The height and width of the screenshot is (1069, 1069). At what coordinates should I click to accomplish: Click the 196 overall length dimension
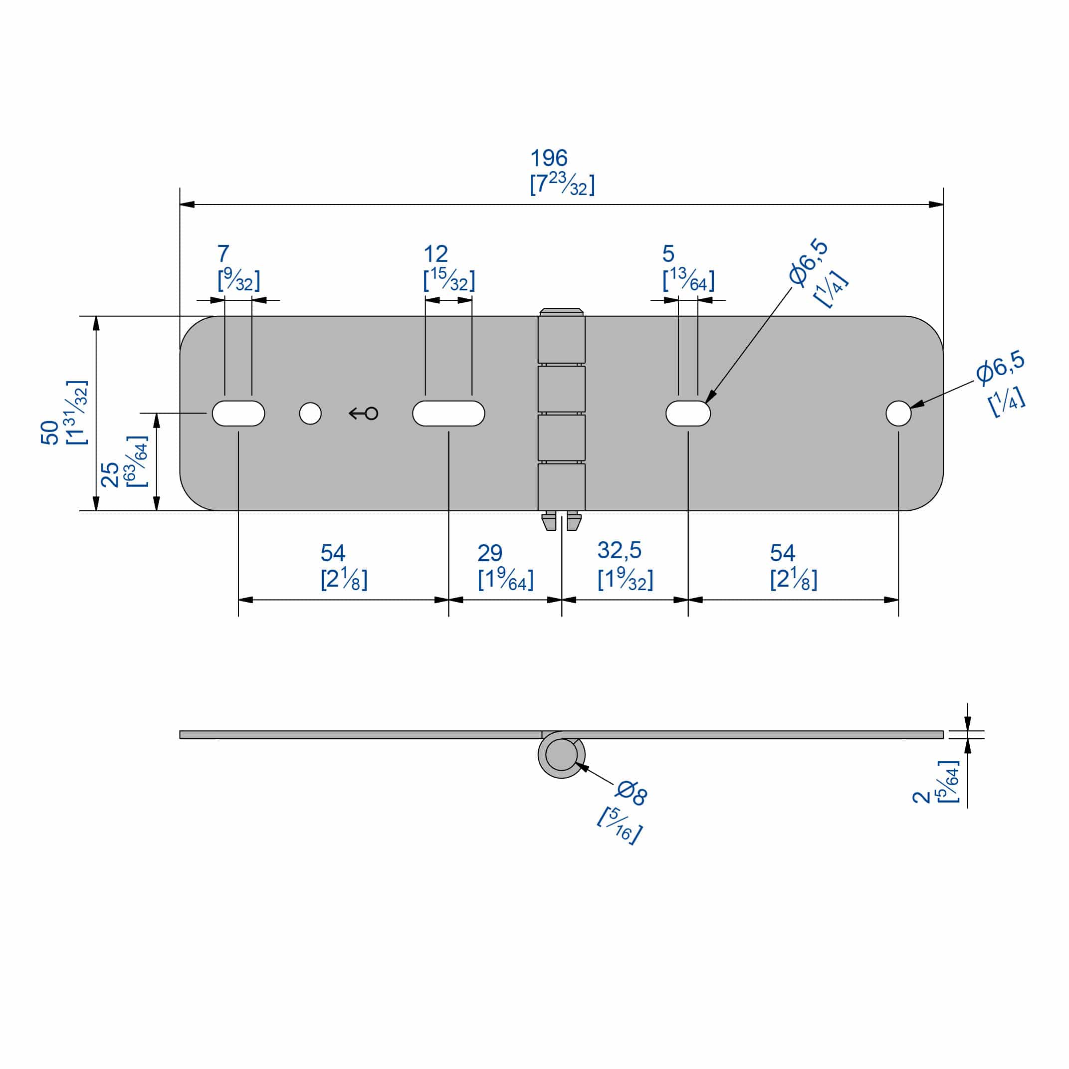coord(548,158)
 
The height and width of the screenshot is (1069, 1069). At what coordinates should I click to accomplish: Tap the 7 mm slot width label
coord(223,254)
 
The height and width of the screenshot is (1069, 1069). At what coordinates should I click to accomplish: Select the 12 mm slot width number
coord(435,254)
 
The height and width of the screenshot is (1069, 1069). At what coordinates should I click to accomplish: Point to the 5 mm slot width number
coord(668,254)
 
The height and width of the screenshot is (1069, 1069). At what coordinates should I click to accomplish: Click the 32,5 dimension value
coord(619,551)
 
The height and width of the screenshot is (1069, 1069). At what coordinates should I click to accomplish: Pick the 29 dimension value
coord(490,553)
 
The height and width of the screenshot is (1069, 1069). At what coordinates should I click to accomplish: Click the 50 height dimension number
coord(50,432)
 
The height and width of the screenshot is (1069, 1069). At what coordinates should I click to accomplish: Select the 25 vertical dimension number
coord(110,474)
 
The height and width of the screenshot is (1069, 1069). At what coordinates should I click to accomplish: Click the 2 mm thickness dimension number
coord(921,797)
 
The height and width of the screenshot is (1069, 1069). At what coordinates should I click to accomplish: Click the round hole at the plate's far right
coord(898,414)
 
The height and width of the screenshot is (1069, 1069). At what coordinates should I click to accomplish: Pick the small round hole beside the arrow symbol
coord(310,414)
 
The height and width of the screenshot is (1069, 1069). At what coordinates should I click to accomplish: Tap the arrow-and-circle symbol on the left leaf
coord(364,414)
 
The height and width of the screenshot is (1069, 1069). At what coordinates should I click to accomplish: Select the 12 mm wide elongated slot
coord(448,414)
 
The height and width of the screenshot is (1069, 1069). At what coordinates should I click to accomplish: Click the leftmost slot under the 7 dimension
coord(238,414)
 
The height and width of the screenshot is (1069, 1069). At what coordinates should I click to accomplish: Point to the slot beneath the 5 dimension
coord(688,414)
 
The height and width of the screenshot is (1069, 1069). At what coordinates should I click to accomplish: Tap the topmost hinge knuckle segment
coord(561,339)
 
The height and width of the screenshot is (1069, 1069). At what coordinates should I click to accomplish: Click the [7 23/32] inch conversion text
coord(562,184)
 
